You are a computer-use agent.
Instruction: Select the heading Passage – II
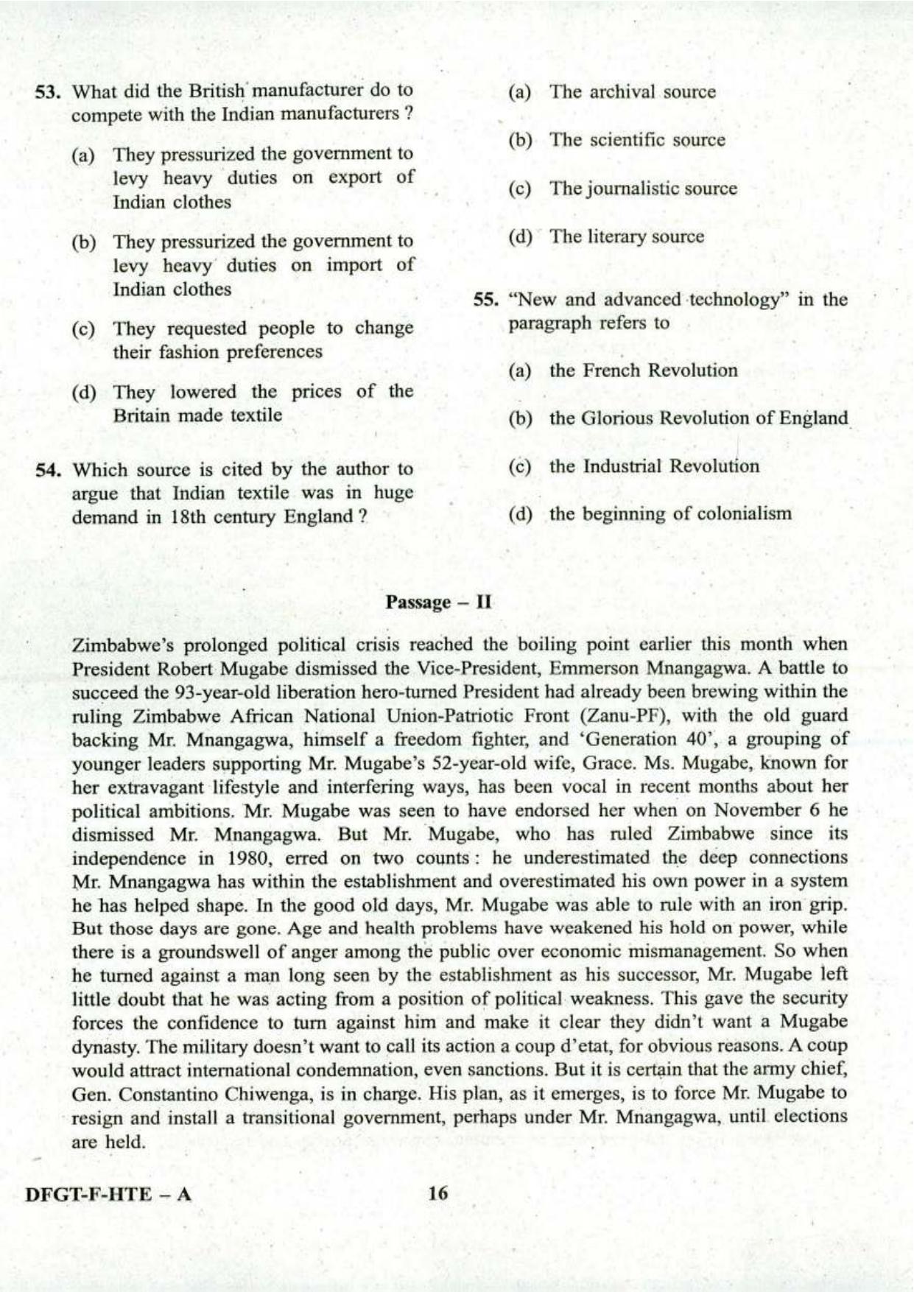(438, 602)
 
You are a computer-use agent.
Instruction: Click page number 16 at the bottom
(437, 1193)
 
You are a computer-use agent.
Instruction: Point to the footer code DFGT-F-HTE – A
(108, 1194)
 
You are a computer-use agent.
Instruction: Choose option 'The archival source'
(632, 92)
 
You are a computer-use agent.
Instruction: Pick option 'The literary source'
(626, 236)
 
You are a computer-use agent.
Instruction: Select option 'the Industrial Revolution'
(653, 466)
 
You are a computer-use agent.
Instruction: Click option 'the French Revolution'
(642, 371)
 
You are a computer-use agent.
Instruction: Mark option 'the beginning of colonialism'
(669, 513)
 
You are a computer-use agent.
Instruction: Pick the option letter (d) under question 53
(84, 393)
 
